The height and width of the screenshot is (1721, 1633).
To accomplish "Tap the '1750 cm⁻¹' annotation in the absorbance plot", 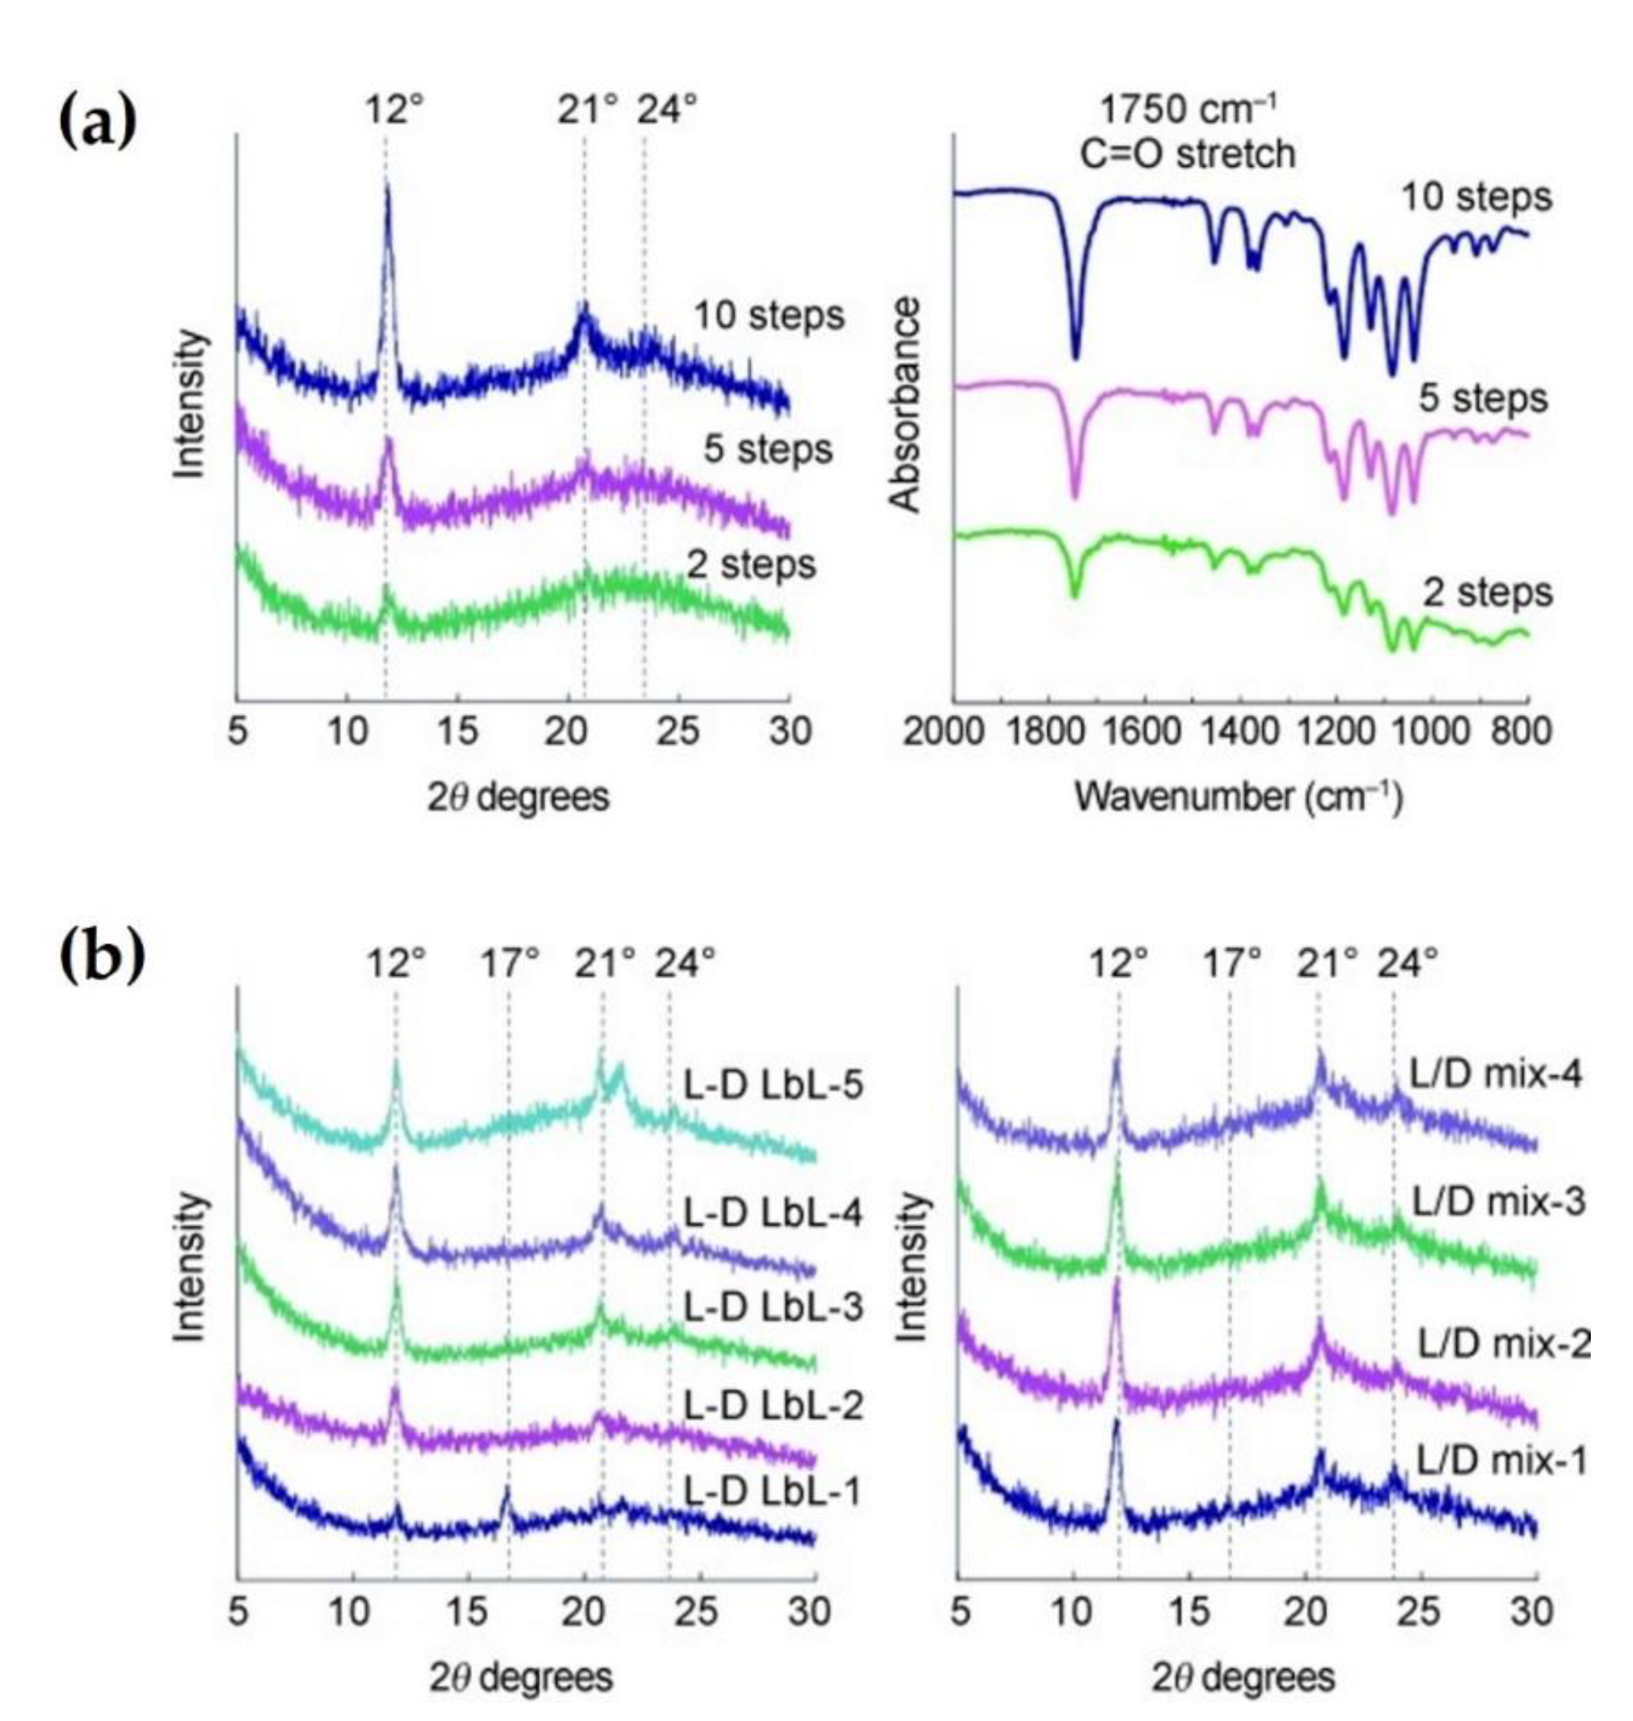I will [x=1188, y=111].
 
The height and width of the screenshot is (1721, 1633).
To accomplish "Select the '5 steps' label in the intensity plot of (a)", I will [x=768, y=450].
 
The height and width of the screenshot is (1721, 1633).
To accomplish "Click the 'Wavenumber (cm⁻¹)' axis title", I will [x=1238, y=796].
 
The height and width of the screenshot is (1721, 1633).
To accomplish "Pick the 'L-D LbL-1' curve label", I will [x=771, y=1491].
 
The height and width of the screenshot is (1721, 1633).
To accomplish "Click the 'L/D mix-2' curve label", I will [x=1503, y=1345].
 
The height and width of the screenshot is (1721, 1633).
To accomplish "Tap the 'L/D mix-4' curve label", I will [x=1494, y=1074].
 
